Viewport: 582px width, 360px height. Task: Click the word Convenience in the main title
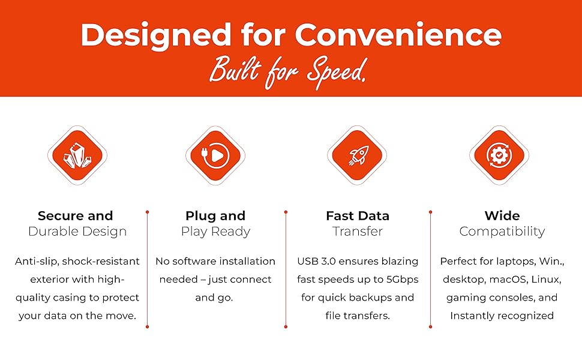click(x=398, y=35)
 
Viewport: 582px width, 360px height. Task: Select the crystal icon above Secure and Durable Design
click(x=77, y=155)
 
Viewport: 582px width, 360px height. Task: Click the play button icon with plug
click(x=215, y=155)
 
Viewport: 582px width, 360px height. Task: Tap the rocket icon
click(x=358, y=155)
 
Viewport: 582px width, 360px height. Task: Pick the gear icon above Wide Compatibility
click(x=499, y=155)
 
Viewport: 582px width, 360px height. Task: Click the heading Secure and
click(x=76, y=215)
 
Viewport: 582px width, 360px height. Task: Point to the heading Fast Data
click(x=358, y=215)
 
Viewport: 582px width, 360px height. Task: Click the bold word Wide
click(x=502, y=215)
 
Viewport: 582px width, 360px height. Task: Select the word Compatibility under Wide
click(x=502, y=232)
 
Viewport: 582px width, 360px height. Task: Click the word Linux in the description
click(x=547, y=280)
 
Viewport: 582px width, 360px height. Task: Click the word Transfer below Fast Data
click(x=358, y=232)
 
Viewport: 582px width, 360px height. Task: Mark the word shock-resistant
click(x=101, y=261)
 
